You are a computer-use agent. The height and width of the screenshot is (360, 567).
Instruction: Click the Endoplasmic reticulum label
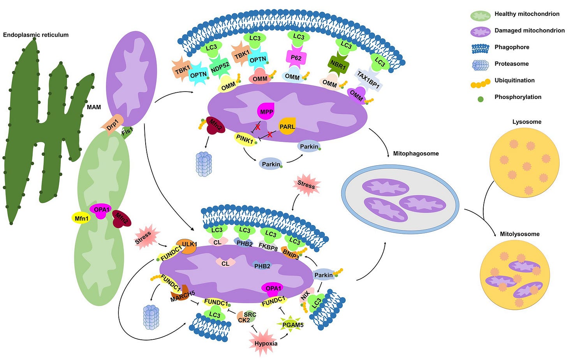coord(36,35)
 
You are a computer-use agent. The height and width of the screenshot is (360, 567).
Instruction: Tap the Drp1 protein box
coord(113,124)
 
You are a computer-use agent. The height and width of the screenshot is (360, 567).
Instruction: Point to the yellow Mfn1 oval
coord(82,218)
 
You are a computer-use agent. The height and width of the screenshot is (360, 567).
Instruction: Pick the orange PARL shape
coord(287,127)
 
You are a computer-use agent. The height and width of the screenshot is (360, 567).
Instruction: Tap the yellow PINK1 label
coord(245,139)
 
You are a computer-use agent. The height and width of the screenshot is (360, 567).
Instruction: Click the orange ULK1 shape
coord(188,246)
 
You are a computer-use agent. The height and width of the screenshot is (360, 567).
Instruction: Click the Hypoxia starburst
coord(266,343)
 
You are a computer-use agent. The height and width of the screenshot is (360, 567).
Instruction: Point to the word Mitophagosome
coord(416,154)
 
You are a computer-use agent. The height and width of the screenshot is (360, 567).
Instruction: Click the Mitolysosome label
coord(519,234)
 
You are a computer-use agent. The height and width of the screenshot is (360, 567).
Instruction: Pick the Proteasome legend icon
coord(480,64)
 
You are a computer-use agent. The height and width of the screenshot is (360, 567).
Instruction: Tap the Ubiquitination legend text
coord(514,80)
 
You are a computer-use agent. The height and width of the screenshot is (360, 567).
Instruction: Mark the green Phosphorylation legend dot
coord(481,99)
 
